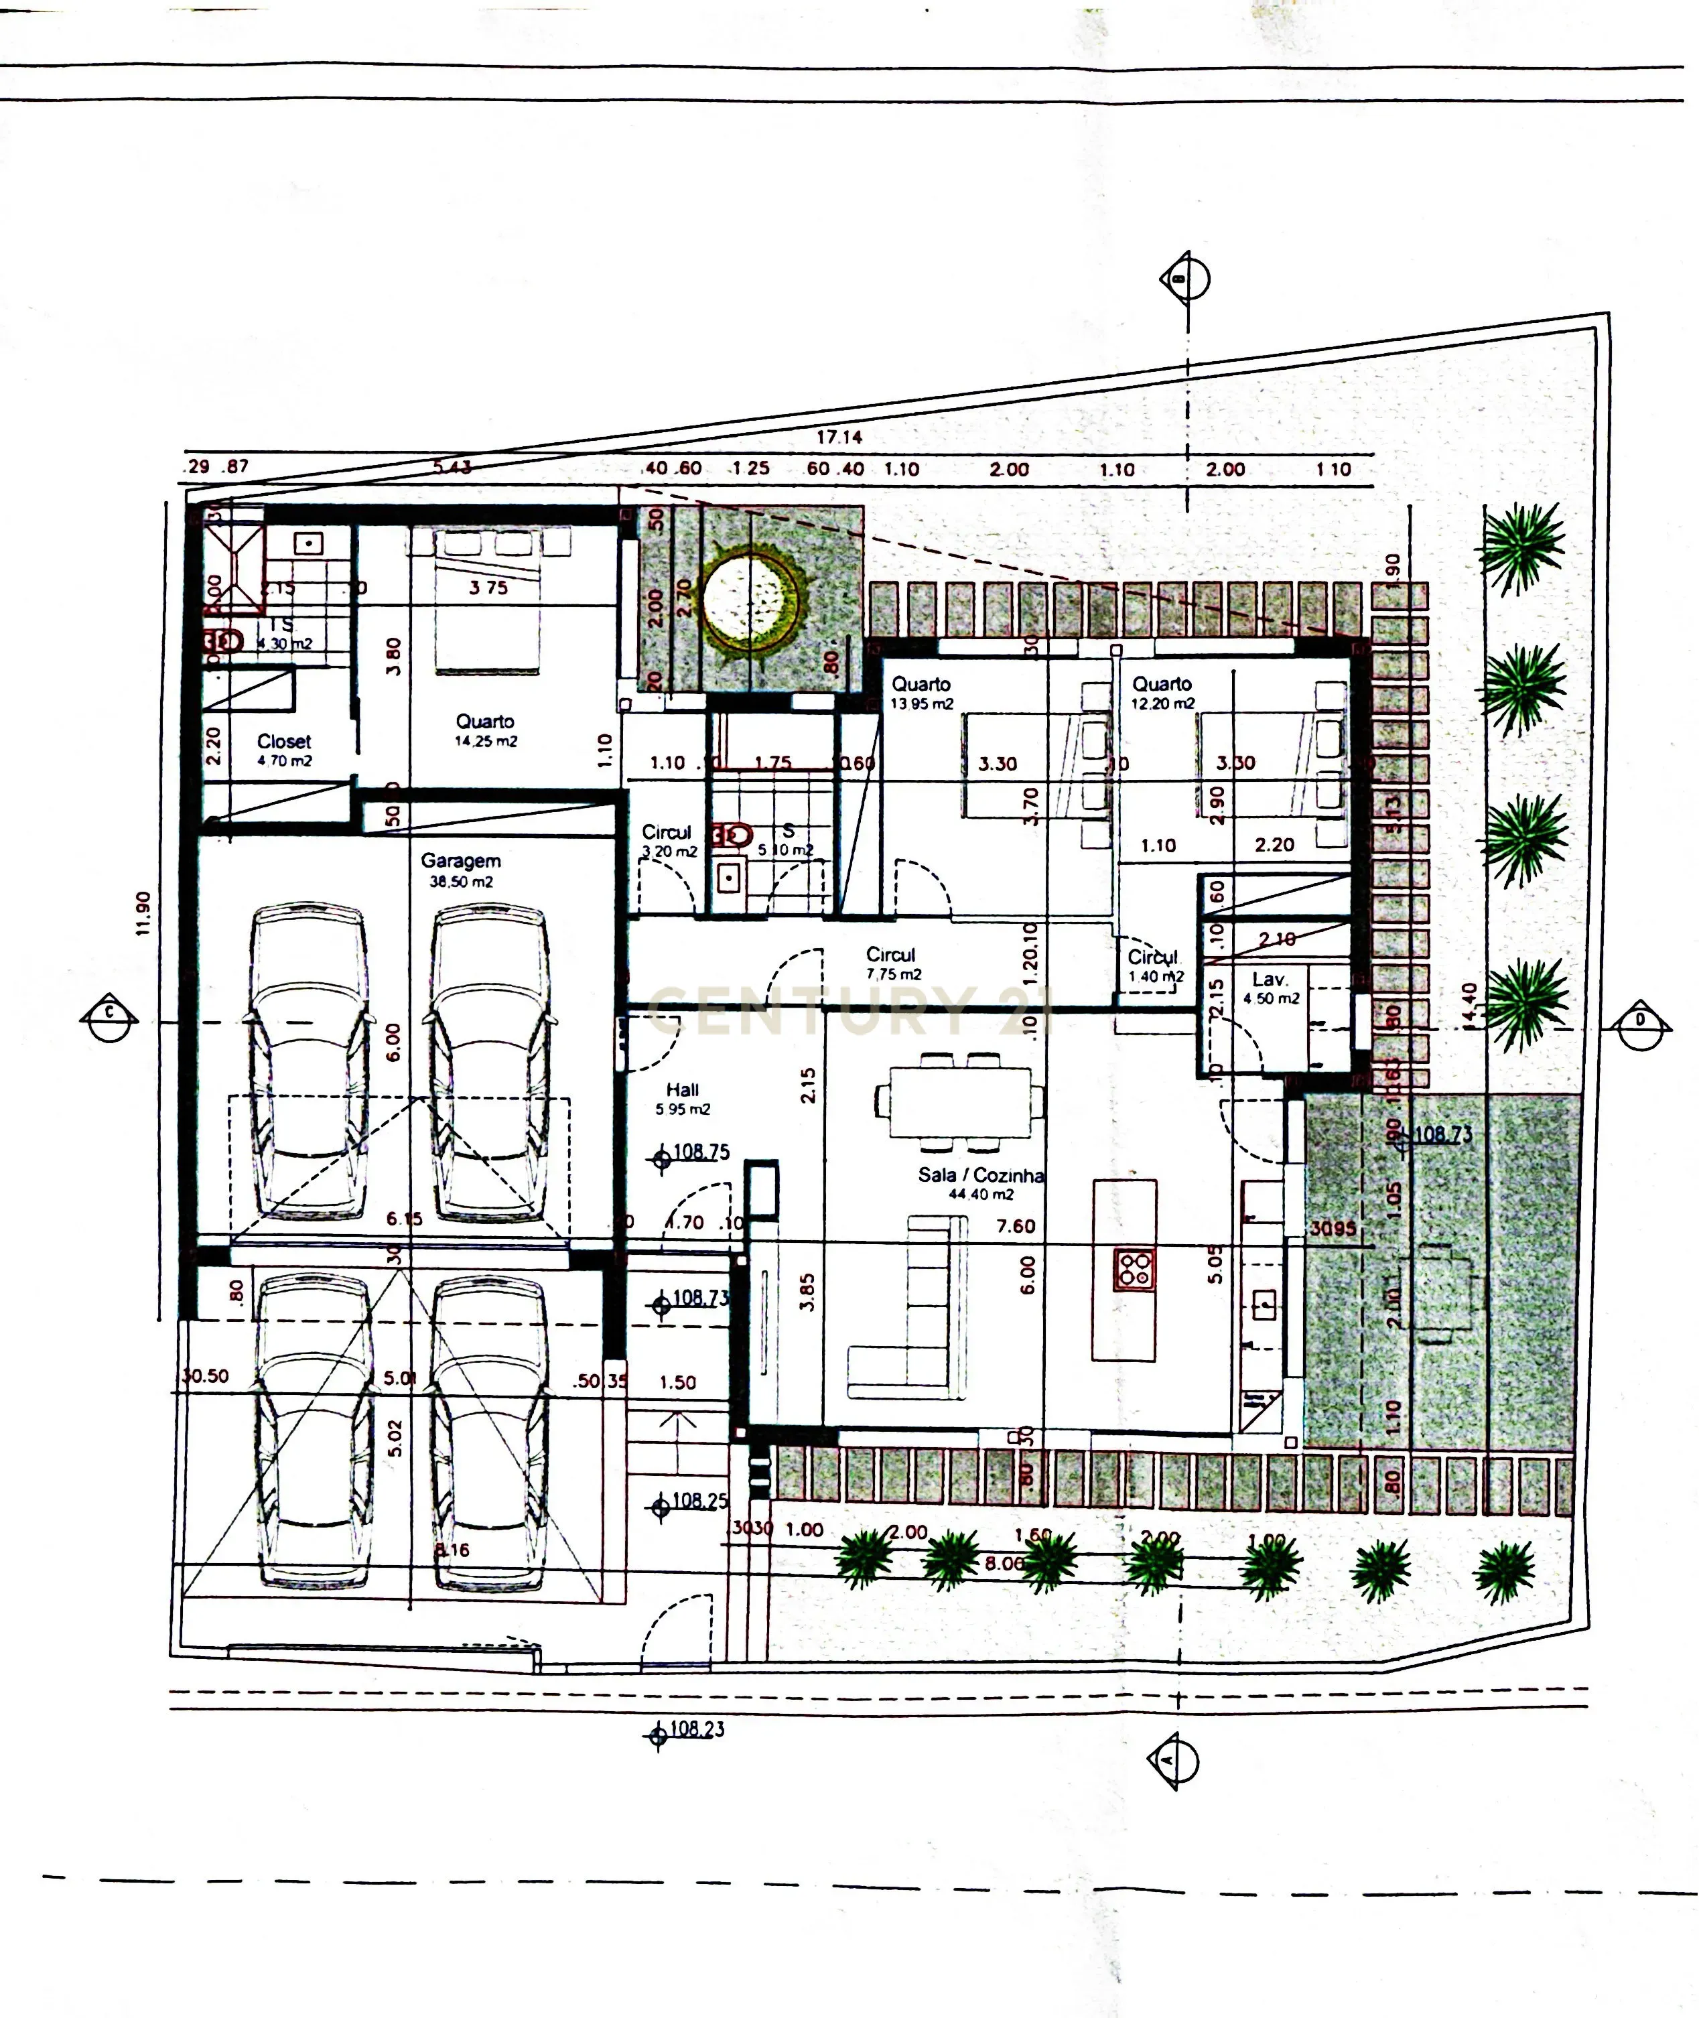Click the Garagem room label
pyautogui.click(x=460, y=861)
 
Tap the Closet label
pyautogui.click(x=284, y=742)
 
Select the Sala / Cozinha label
pyautogui.click(x=981, y=1175)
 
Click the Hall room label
pyautogui.click(x=682, y=1089)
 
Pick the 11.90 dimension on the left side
pyautogui.click(x=143, y=913)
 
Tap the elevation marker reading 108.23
pyautogui.click(x=695, y=1729)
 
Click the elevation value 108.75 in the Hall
pyautogui.click(x=701, y=1151)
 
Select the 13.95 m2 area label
pyautogui.click(x=922, y=704)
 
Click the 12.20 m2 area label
pyautogui.click(x=1162, y=704)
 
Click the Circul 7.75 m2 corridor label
pyautogui.click(x=891, y=963)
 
